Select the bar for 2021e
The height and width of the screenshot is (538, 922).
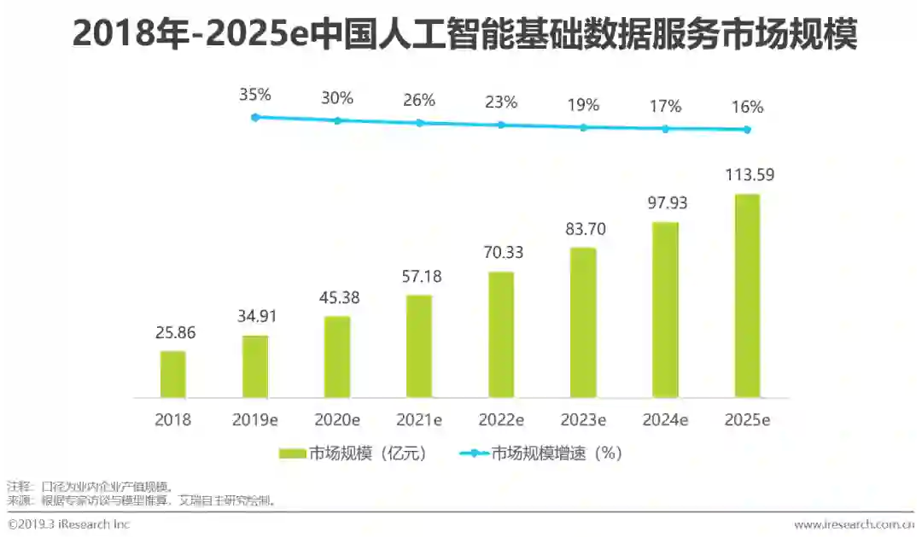419,347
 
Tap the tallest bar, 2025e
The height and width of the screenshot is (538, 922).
747,295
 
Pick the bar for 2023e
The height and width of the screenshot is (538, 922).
583,323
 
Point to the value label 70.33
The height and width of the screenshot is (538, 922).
501,253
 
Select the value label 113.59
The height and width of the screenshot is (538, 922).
747,176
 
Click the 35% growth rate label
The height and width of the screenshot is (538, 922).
254,95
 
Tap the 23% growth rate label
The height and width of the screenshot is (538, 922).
501,102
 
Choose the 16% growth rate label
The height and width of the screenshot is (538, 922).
747,108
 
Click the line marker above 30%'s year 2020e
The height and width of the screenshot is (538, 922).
337,120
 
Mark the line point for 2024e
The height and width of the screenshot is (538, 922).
665,129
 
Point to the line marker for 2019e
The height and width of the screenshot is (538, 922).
255,117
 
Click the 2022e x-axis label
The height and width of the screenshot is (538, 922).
501,420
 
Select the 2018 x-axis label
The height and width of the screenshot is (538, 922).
173,420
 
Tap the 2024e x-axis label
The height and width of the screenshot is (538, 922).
665,420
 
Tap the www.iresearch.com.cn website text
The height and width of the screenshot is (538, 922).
853,524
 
